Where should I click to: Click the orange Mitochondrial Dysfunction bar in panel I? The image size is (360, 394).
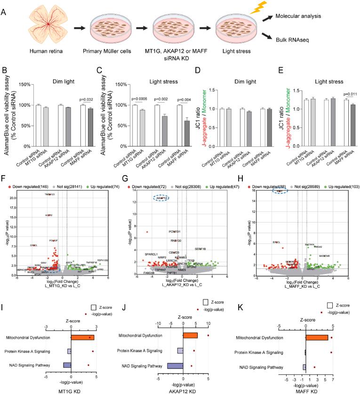82,337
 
